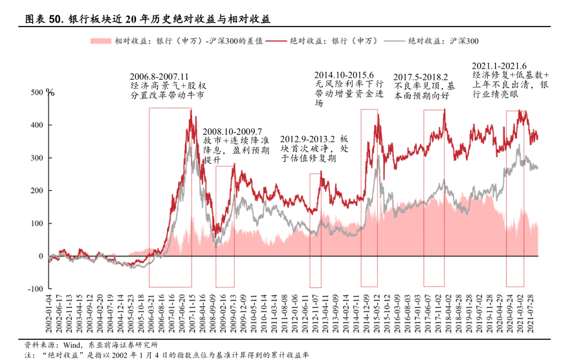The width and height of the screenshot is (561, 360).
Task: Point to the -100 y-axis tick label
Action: pyautogui.click(x=35, y=289)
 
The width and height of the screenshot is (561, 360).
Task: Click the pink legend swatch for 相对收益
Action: pyautogui.click(x=100, y=41)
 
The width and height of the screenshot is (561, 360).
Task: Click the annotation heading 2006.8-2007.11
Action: pyautogui.click(x=160, y=75)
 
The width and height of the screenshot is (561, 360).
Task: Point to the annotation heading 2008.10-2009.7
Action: pyautogui.click(x=233, y=131)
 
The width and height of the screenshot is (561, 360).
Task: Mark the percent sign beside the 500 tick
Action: pyautogui.click(x=50, y=93)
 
